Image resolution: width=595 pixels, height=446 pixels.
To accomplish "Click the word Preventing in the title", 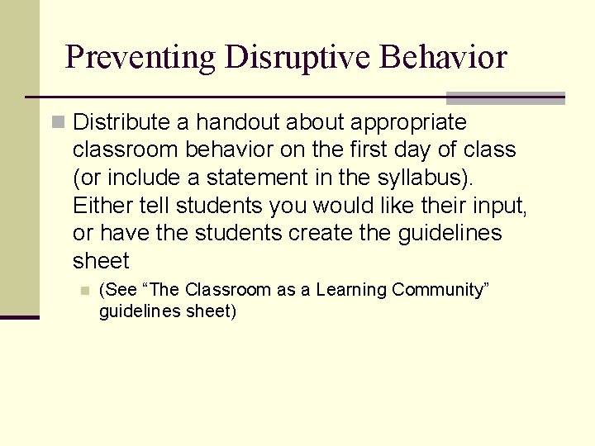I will pos(139,58).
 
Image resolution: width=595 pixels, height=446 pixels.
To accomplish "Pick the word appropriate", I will pos(408,123).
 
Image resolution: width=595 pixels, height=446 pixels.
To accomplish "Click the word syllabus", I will pos(434,178).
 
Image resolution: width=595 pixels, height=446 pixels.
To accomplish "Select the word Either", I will pos(98,206).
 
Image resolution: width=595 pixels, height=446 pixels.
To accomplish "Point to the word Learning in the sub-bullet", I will pos(353,290).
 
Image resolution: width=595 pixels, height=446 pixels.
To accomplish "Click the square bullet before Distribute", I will pos(58,123).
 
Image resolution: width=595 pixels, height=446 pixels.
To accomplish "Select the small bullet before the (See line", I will pos(83,290).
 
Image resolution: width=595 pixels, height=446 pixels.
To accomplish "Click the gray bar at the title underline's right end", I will pos(506,97).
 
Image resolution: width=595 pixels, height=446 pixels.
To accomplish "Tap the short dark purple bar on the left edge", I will pos(19,317).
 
